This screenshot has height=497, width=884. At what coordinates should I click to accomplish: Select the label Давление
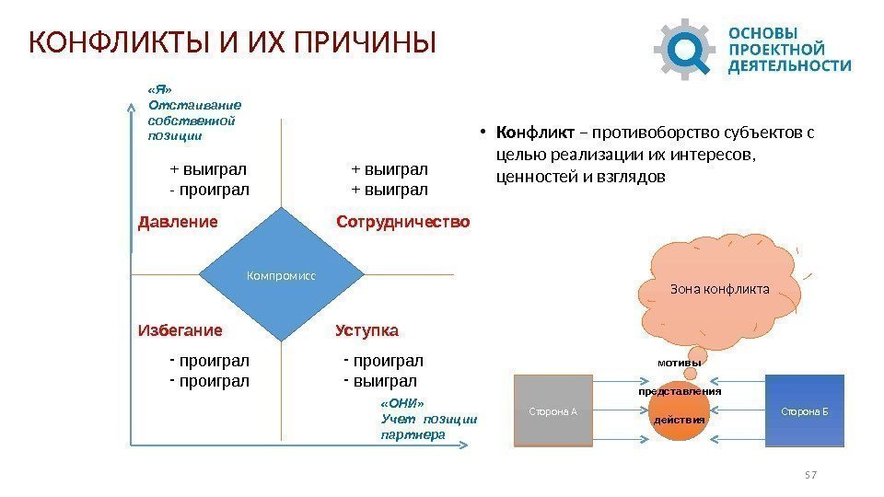pos(178,223)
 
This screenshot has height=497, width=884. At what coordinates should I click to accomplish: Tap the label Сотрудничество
pos(403,223)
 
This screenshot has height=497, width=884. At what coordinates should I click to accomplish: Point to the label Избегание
pos(180,330)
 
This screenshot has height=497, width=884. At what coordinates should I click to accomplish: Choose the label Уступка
pos(367,330)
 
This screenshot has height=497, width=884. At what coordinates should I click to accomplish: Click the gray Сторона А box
pos(552,410)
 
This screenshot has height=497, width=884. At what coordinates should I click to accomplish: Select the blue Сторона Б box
pos(805,410)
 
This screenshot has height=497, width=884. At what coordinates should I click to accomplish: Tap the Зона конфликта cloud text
pos(720,288)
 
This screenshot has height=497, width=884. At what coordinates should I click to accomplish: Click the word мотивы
pos(679,363)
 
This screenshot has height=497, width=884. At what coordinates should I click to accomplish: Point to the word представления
pos(680,391)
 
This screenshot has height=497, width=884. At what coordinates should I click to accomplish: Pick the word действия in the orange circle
pos(679,420)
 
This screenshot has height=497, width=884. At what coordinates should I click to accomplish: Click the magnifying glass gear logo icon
pos(685,47)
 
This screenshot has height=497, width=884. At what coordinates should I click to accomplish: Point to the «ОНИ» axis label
pos(402,403)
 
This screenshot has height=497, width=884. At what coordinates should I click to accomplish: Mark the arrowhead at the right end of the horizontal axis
pos(477,446)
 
